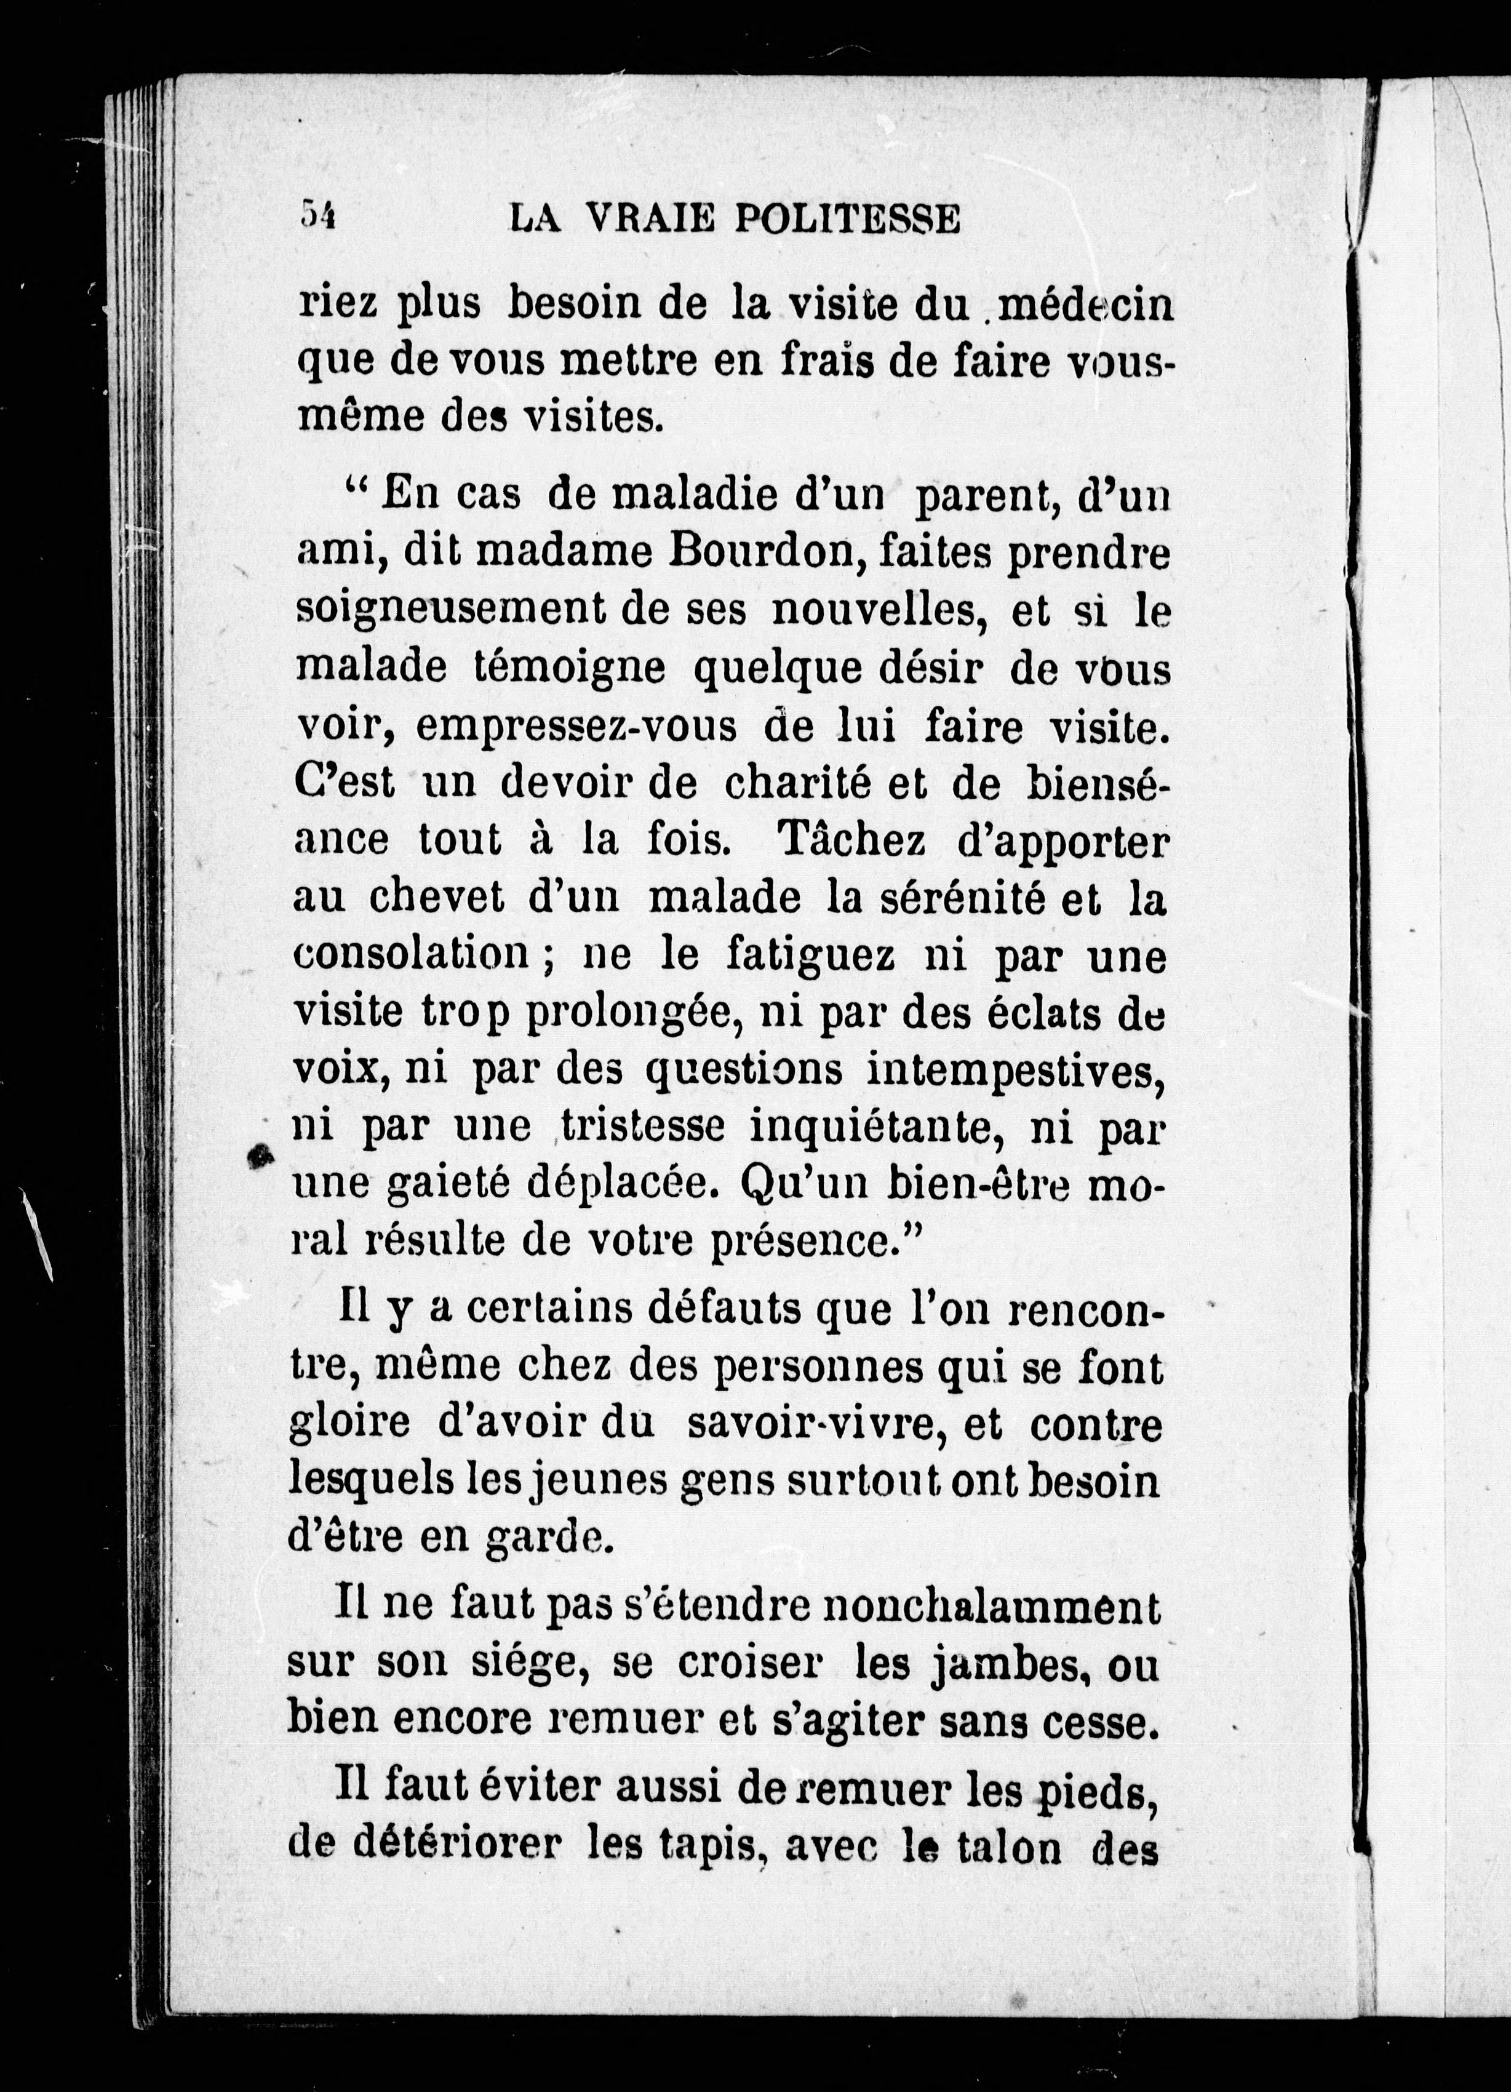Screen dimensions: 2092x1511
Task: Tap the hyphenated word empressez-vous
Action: tap(576, 727)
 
